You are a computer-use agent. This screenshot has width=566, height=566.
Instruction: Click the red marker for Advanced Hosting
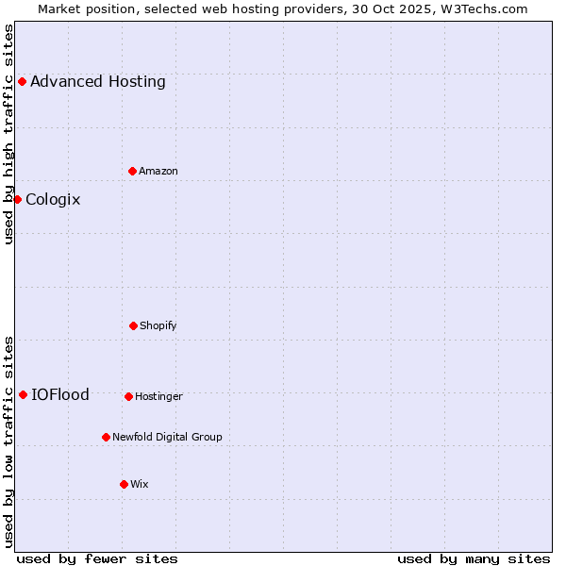(22, 81)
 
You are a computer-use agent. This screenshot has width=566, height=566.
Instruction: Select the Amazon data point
(133, 171)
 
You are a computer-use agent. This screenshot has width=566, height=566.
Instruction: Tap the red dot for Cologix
(17, 199)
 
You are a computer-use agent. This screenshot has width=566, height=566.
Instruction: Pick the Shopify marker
(134, 325)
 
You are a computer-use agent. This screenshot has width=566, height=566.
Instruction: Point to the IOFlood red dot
(23, 394)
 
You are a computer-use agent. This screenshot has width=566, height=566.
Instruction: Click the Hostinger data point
(128, 396)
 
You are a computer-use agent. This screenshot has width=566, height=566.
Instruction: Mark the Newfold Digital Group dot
(106, 437)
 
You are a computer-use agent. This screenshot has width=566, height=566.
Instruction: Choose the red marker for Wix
(124, 484)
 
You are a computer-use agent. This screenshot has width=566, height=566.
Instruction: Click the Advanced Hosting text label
(98, 81)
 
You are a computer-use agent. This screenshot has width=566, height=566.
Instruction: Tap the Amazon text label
(158, 171)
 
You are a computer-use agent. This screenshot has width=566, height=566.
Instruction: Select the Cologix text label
(53, 199)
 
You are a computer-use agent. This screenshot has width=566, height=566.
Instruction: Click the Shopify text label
(158, 325)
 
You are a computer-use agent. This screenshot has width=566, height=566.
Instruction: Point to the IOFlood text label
(60, 394)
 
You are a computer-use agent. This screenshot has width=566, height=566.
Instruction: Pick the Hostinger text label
(158, 396)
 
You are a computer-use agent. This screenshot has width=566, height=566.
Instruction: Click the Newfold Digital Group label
(167, 437)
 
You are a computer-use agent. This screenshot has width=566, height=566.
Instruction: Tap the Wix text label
(140, 484)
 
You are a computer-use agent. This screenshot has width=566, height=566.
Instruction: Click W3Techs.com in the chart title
(480, 8)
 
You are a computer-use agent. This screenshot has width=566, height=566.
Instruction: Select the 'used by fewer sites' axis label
(97, 558)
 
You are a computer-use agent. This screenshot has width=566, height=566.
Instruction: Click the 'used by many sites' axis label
(474, 558)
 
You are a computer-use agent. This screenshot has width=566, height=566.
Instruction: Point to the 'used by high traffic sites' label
(8, 134)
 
